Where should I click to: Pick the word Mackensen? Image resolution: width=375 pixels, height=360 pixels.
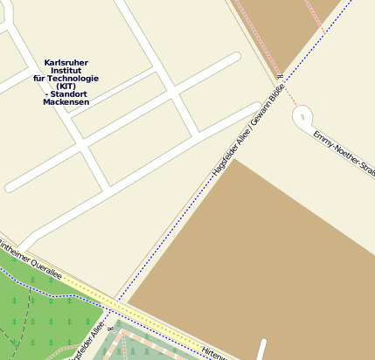tap(66, 102)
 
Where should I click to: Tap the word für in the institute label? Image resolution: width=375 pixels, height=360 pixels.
tap(40, 79)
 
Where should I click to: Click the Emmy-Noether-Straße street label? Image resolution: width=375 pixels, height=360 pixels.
tap(342, 150)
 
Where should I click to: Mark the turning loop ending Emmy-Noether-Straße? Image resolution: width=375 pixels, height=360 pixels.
tap(303, 115)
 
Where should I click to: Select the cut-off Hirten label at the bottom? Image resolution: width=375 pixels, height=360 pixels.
tap(215, 354)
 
